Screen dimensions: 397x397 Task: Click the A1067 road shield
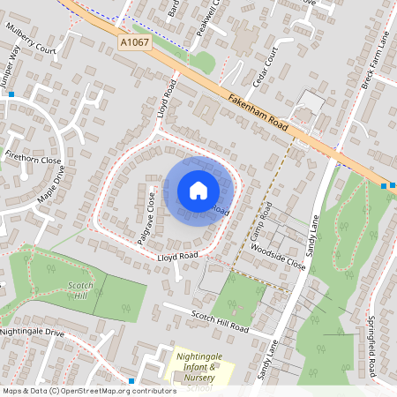point(134,41)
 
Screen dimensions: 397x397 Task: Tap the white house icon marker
point(198,190)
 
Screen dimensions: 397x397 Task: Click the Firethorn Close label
point(33,161)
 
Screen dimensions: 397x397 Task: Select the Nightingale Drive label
point(33,333)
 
